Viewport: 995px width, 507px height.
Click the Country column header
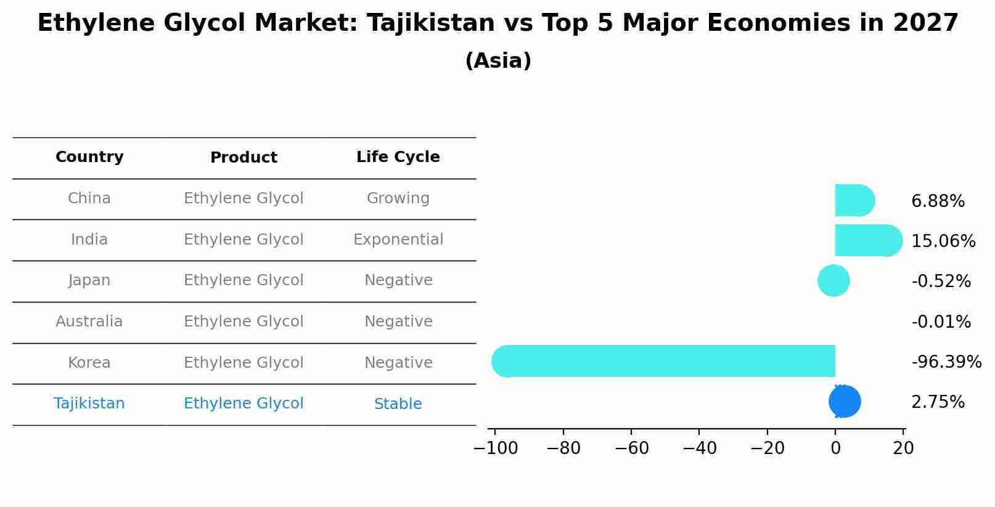(x=89, y=157)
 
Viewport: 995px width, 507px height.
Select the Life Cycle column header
(x=398, y=157)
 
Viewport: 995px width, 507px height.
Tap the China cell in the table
(x=89, y=198)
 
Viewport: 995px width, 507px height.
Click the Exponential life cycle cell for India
(x=398, y=240)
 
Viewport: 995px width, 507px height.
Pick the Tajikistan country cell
(x=89, y=404)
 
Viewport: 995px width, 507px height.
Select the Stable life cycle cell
(x=398, y=404)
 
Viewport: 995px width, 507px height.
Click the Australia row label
(x=89, y=322)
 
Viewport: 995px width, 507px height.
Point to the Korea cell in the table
(x=89, y=363)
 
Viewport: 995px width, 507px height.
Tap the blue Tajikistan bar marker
(x=845, y=402)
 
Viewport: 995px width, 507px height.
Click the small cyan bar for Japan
(x=833, y=281)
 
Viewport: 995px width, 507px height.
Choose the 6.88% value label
(x=938, y=201)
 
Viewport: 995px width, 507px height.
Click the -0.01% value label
(x=941, y=322)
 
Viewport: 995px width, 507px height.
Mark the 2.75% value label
(x=938, y=402)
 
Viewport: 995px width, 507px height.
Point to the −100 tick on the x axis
(x=495, y=448)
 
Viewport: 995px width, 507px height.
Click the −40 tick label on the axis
(x=699, y=448)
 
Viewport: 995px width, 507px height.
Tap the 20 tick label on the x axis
(x=903, y=448)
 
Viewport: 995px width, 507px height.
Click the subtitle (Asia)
(x=497, y=61)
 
